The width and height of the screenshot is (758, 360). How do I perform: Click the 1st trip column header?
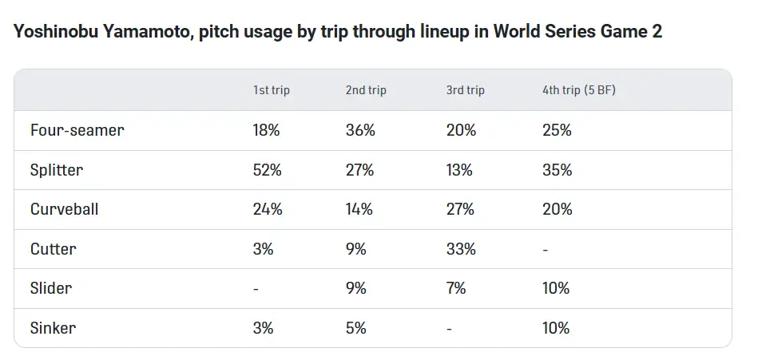click(x=271, y=90)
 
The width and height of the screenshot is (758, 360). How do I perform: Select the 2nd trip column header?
click(x=366, y=90)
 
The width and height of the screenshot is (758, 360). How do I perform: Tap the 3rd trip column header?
click(x=465, y=90)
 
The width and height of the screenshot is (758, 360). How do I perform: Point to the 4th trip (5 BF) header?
click(x=578, y=90)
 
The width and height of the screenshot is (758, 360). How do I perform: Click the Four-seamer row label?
click(x=77, y=130)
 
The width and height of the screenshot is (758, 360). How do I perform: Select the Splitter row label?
click(x=56, y=170)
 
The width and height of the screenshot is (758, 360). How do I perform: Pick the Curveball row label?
click(x=64, y=209)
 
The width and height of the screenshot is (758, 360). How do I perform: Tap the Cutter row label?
click(x=53, y=249)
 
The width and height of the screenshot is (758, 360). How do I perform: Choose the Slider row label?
click(x=50, y=288)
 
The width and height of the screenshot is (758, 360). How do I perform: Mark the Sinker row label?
click(x=53, y=328)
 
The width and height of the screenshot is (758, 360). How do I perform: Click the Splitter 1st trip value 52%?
click(x=267, y=170)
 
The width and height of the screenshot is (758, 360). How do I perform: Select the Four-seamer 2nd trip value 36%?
click(x=360, y=130)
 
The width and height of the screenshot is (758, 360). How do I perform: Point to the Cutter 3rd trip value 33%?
click(x=461, y=249)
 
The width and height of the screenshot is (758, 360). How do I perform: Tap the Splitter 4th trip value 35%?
click(x=557, y=170)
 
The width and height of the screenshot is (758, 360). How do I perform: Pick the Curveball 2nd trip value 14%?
click(x=359, y=209)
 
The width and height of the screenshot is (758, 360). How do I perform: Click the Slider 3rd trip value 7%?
click(x=456, y=288)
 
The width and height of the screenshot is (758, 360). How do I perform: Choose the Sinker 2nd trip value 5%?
click(x=356, y=328)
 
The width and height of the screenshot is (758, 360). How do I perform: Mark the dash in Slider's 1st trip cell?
click(x=256, y=289)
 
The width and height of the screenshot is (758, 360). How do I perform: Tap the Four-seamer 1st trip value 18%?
click(x=266, y=130)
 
